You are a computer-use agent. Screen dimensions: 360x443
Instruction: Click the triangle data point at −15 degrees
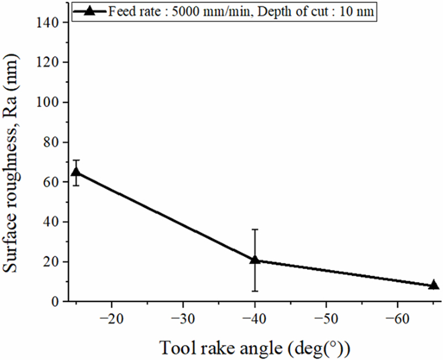pyautogui.click(x=76, y=172)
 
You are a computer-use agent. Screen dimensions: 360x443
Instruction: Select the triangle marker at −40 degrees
pyautogui.click(x=255, y=259)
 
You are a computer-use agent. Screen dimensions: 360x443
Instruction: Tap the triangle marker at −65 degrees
pyautogui.click(x=434, y=285)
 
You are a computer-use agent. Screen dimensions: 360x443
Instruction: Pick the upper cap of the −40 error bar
pyautogui.click(x=255, y=229)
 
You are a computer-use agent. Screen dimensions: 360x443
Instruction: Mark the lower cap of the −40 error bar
pyautogui.click(x=255, y=291)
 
